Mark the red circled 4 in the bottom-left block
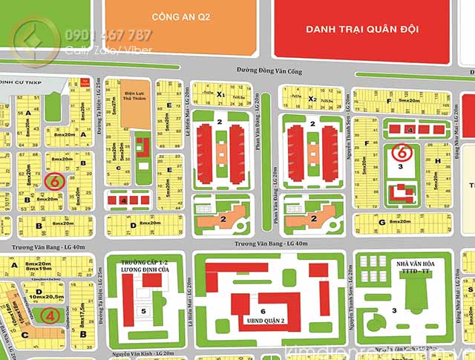49,315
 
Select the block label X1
220,95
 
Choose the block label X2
312,97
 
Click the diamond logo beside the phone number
32,42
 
